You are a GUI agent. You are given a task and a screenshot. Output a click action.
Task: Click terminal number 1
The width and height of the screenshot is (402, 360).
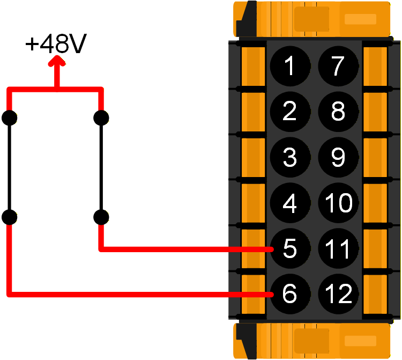click(289, 67)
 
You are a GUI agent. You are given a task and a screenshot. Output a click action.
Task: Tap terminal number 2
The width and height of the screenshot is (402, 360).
click(289, 112)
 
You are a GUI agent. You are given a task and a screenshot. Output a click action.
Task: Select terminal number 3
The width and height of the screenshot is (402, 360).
click(289, 157)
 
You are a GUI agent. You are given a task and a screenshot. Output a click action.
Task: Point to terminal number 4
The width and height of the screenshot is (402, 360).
click(289, 203)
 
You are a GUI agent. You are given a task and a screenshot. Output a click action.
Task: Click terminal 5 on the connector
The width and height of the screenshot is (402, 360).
click(289, 249)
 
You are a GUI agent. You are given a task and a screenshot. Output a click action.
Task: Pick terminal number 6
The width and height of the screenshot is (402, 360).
click(289, 294)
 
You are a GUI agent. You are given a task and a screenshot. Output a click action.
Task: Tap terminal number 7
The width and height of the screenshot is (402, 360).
click(338, 67)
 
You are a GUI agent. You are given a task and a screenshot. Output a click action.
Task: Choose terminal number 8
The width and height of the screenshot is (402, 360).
click(338, 112)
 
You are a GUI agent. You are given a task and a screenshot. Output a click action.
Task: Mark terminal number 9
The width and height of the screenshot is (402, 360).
click(338, 157)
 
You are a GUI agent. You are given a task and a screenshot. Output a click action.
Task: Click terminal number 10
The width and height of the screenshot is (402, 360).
click(338, 203)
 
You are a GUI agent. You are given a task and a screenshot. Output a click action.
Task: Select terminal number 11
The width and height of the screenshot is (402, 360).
click(338, 249)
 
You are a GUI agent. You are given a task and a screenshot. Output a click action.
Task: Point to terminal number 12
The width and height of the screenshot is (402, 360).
click(338, 294)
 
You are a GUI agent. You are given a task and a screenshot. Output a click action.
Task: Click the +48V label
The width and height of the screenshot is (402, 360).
click(56, 45)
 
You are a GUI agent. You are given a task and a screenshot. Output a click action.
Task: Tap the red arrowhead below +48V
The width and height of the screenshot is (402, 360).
click(56, 63)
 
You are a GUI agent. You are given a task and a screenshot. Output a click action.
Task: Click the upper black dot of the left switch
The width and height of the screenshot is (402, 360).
click(9, 117)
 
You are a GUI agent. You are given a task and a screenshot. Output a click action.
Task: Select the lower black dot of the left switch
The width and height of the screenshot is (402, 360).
click(9, 217)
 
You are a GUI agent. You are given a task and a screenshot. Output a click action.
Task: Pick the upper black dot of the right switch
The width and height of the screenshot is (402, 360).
click(101, 117)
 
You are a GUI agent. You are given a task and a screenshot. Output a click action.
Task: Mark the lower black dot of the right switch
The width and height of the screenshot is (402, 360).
click(101, 217)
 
